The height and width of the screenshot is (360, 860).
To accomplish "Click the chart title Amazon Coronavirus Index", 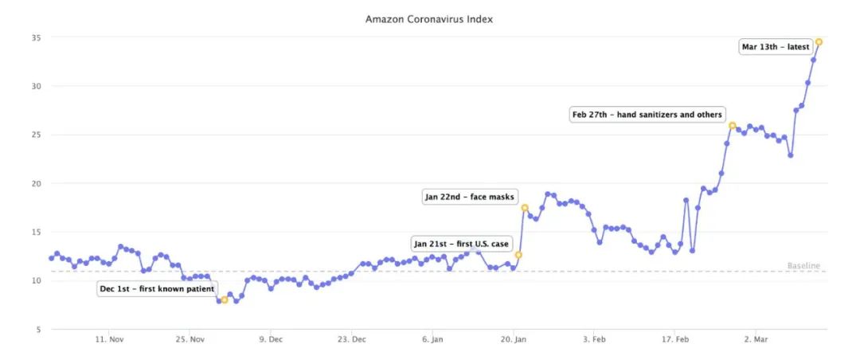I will (428, 18).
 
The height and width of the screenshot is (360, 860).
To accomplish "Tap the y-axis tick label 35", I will (36, 37).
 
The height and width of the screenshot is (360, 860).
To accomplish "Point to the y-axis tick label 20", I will (36, 183).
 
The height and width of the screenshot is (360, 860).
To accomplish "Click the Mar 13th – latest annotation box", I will (775, 47).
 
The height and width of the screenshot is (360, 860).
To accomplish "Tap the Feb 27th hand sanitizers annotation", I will (647, 115).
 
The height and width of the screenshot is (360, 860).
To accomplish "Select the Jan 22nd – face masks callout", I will (470, 197).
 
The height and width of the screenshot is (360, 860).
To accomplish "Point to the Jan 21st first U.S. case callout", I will (460, 244).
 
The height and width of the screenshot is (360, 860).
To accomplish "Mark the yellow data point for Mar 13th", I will (819, 42).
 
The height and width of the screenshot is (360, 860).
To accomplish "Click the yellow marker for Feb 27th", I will (732, 126).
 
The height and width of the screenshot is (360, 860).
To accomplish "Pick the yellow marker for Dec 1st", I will (225, 300).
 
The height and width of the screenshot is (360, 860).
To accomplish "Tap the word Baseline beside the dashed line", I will (803, 266).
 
